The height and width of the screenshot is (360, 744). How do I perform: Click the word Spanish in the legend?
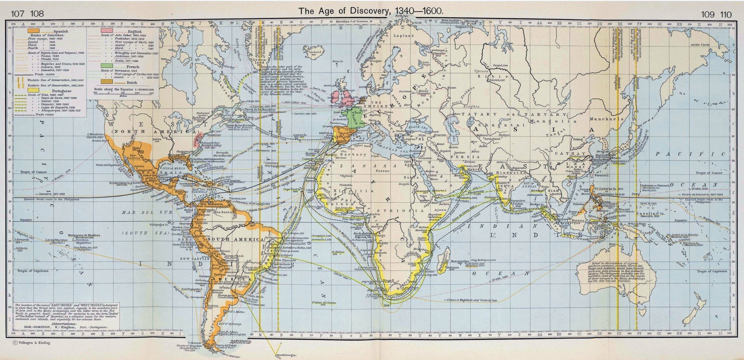61,31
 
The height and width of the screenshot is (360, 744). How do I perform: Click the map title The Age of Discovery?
370,11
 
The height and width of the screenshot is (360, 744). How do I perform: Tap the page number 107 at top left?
17,15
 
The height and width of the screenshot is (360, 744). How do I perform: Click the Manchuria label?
606,119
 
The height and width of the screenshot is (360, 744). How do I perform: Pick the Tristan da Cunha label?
323,302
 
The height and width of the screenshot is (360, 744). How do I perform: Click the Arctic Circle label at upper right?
701,45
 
